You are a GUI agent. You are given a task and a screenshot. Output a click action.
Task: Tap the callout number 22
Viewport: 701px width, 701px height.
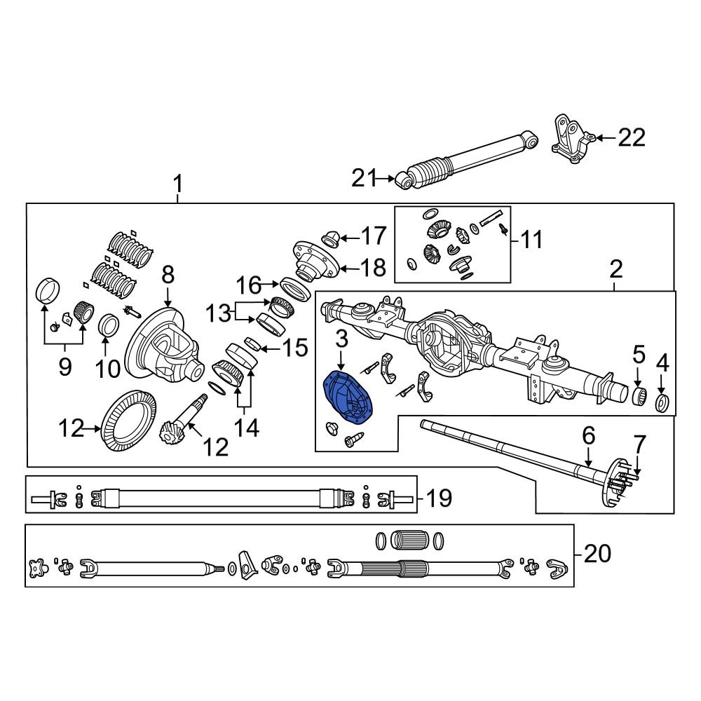631,138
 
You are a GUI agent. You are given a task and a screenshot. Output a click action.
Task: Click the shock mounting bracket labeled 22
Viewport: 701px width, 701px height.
570,140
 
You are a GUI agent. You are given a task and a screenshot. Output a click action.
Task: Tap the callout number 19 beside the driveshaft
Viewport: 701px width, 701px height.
438,499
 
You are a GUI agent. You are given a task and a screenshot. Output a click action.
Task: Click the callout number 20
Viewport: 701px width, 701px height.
597,554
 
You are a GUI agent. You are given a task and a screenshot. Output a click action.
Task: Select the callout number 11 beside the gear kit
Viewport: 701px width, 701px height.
531,240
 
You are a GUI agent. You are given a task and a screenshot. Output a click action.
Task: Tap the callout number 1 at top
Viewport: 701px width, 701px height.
178,185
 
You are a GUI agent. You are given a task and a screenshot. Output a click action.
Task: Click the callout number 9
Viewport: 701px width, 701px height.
64,367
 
